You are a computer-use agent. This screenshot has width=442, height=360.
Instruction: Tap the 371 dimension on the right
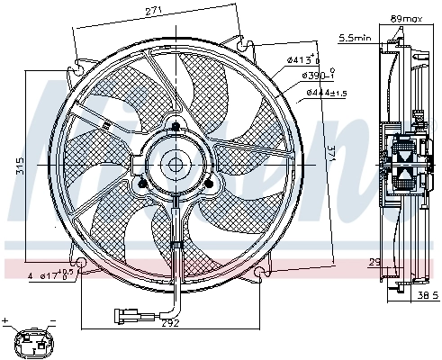click(331, 154)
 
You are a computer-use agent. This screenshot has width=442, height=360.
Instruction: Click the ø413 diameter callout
click(304, 60)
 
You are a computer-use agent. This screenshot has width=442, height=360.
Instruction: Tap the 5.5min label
click(353, 38)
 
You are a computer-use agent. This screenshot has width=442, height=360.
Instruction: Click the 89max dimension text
click(406, 16)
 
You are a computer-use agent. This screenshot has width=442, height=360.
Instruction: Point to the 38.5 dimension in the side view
click(427, 294)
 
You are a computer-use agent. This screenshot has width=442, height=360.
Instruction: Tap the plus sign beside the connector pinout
click(6, 320)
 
